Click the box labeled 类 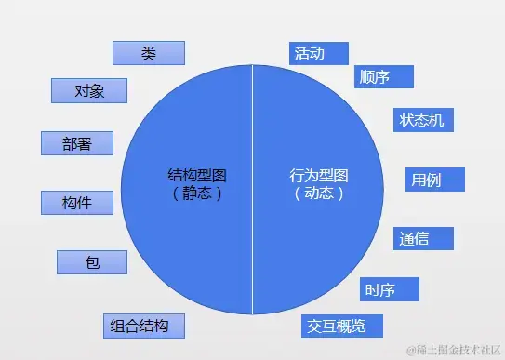(148, 52)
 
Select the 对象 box (88, 90)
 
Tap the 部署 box (76, 143)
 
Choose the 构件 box (76, 202)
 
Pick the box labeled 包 (91, 262)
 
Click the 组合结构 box (143, 326)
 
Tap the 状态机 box (421, 121)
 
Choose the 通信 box (423, 238)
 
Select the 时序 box (389, 290)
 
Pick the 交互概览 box (342, 326)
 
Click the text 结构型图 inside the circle (196, 175)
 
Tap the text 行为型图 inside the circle (319, 175)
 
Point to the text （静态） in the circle (196, 193)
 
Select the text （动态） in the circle (319, 193)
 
